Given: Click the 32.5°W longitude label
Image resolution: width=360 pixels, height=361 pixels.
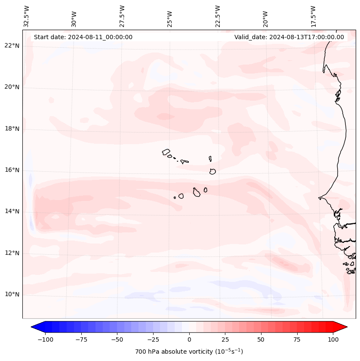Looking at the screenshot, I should [x=27, y=16].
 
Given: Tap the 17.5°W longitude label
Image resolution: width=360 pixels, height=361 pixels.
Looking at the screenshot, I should [x=314, y=16].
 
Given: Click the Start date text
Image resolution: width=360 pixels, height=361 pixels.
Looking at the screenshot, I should [x=83, y=37].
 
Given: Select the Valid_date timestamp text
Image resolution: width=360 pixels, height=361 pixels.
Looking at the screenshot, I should [x=289, y=37].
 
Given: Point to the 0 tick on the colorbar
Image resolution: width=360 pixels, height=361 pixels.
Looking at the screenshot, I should [x=189, y=339].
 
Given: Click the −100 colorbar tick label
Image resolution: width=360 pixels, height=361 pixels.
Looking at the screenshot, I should [x=45, y=339].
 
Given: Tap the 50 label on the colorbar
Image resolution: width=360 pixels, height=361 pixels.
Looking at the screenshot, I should [x=261, y=339].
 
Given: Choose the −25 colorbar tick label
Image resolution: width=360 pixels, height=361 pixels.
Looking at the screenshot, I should [x=153, y=339].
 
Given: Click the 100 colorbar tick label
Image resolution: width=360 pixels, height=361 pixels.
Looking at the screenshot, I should [x=332, y=339].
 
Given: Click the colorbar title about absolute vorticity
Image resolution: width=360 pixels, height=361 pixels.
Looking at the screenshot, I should [x=189, y=352].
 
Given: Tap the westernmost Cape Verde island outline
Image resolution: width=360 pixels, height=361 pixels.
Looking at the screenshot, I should [x=166, y=152].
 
